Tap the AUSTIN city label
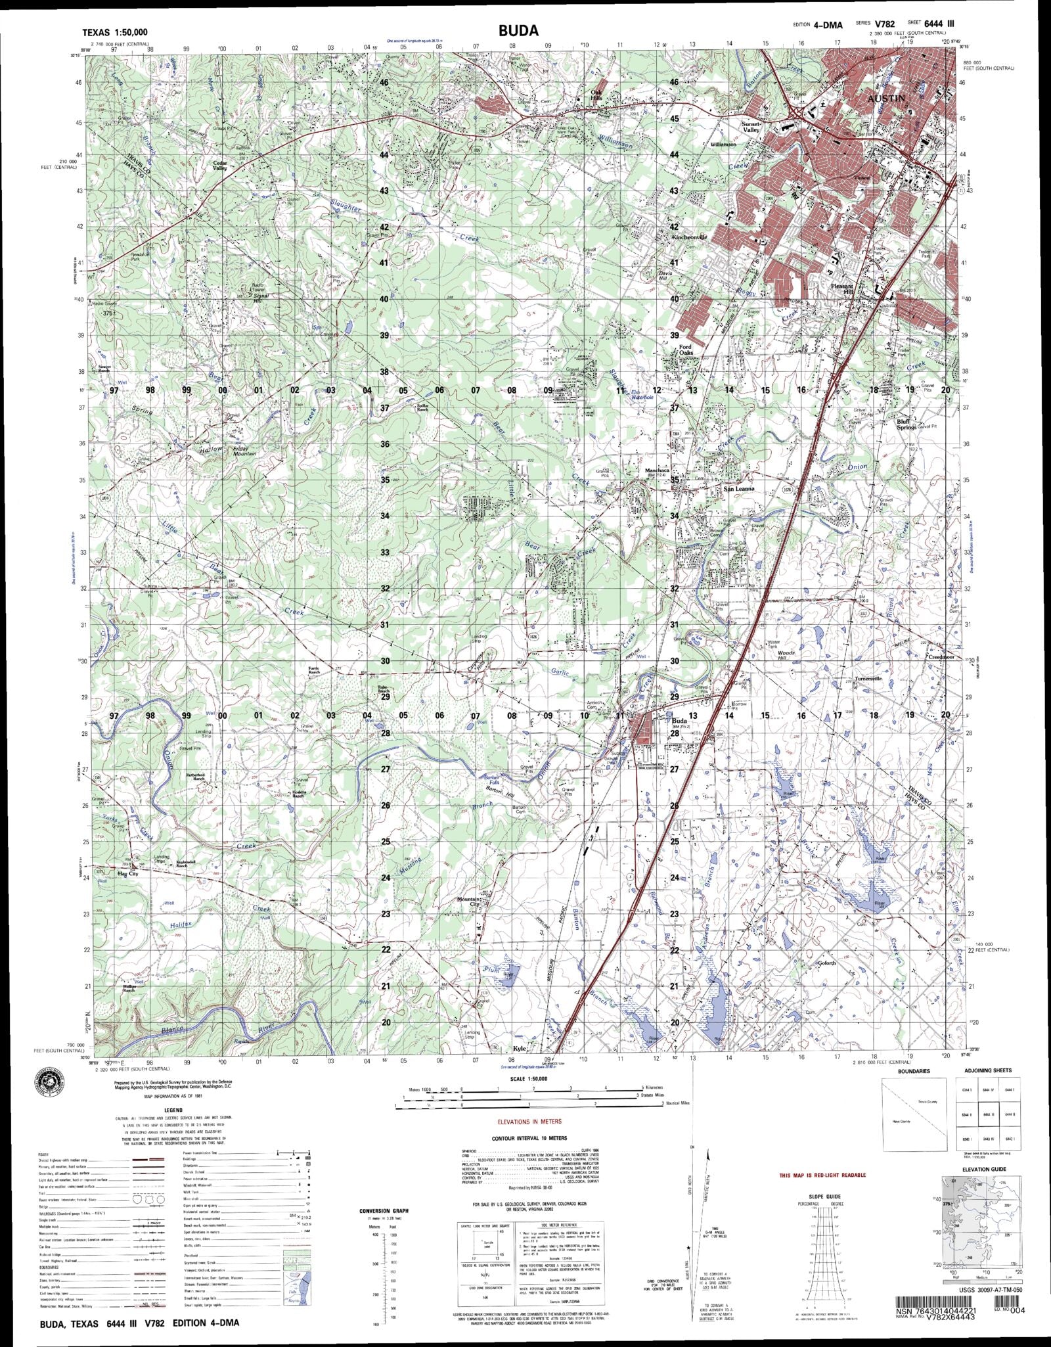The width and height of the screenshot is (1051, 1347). tap(887, 98)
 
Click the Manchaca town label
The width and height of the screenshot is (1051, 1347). tap(658, 471)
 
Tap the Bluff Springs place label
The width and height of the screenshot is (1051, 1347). tap(907, 424)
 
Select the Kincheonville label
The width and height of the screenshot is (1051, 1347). tap(688, 237)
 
